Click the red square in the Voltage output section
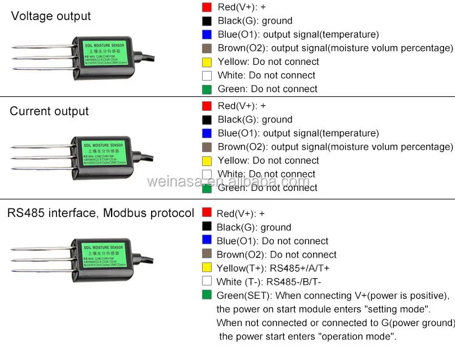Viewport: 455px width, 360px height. [x=207, y=7]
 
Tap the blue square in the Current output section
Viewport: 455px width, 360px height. [x=207, y=133]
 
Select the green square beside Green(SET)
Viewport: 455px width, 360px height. [x=207, y=295]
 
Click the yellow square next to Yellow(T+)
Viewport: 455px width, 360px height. [x=207, y=268]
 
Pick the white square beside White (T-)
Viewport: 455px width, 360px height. [x=207, y=281]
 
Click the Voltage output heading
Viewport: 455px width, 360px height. [x=51, y=16]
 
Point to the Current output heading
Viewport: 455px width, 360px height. [x=49, y=112]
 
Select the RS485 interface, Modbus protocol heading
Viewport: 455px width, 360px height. [x=101, y=213]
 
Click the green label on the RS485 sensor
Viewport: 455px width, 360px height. [x=107, y=255]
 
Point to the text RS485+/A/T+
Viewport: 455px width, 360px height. [x=300, y=268]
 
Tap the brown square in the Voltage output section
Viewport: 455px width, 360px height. [x=207, y=48]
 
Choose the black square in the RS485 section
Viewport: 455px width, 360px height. [x=207, y=227]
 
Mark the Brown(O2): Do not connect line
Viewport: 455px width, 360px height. [x=276, y=255]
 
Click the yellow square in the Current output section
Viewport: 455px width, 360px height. [x=207, y=160]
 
